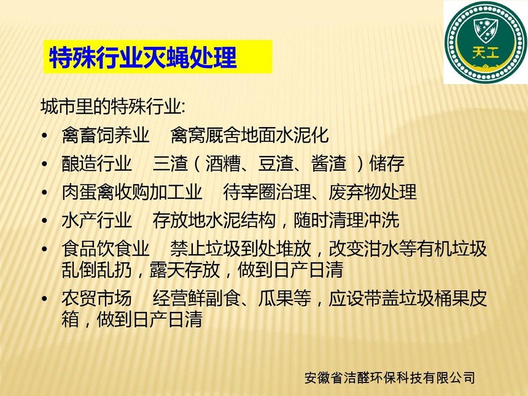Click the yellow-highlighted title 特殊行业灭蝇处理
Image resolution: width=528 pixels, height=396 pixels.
click(143, 57)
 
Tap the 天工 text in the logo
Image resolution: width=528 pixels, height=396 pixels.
click(485, 53)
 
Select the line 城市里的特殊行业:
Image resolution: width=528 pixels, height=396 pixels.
click(113, 106)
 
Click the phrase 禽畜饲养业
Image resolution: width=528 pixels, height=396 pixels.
click(106, 135)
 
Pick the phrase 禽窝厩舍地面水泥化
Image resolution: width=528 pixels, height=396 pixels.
click(249, 135)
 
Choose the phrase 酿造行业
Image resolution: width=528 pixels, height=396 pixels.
click(96, 164)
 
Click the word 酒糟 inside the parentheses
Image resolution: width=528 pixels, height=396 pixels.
click(223, 164)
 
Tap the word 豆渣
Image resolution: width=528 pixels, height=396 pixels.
click(276, 164)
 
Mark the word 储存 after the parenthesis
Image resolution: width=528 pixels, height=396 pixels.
click(387, 164)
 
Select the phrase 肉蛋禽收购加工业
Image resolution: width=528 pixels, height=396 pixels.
click(131, 192)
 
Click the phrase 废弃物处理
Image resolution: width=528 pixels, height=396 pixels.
click(373, 192)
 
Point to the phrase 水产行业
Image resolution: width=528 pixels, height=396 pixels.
click(96, 220)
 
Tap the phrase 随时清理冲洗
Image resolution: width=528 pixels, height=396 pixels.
click(346, 220)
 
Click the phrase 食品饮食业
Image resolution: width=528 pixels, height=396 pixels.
click(106, 249)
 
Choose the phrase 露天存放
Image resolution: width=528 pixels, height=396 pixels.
click(185, 270)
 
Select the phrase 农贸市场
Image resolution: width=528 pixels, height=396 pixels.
click(96, 298)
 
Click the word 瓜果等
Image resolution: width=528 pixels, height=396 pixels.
click(284, 298)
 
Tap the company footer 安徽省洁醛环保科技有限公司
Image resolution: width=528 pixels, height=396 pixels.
click(390, 378)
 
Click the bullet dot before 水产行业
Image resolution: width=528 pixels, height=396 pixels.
click(45, 221)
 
